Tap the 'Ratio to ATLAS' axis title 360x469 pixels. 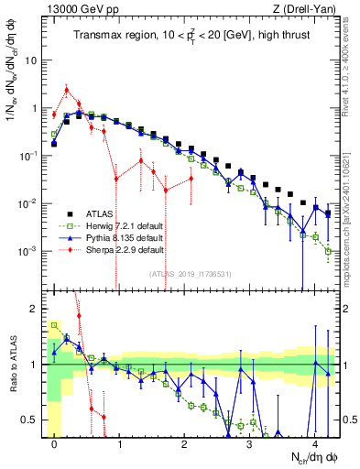pos(12,365)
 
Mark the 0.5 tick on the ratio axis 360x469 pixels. pos(32,420)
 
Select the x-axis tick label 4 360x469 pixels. pos(314,442)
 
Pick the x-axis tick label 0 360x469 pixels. pos(55,442)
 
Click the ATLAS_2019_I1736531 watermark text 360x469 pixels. pos(189,273)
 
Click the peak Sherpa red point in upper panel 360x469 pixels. pos(67,90)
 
